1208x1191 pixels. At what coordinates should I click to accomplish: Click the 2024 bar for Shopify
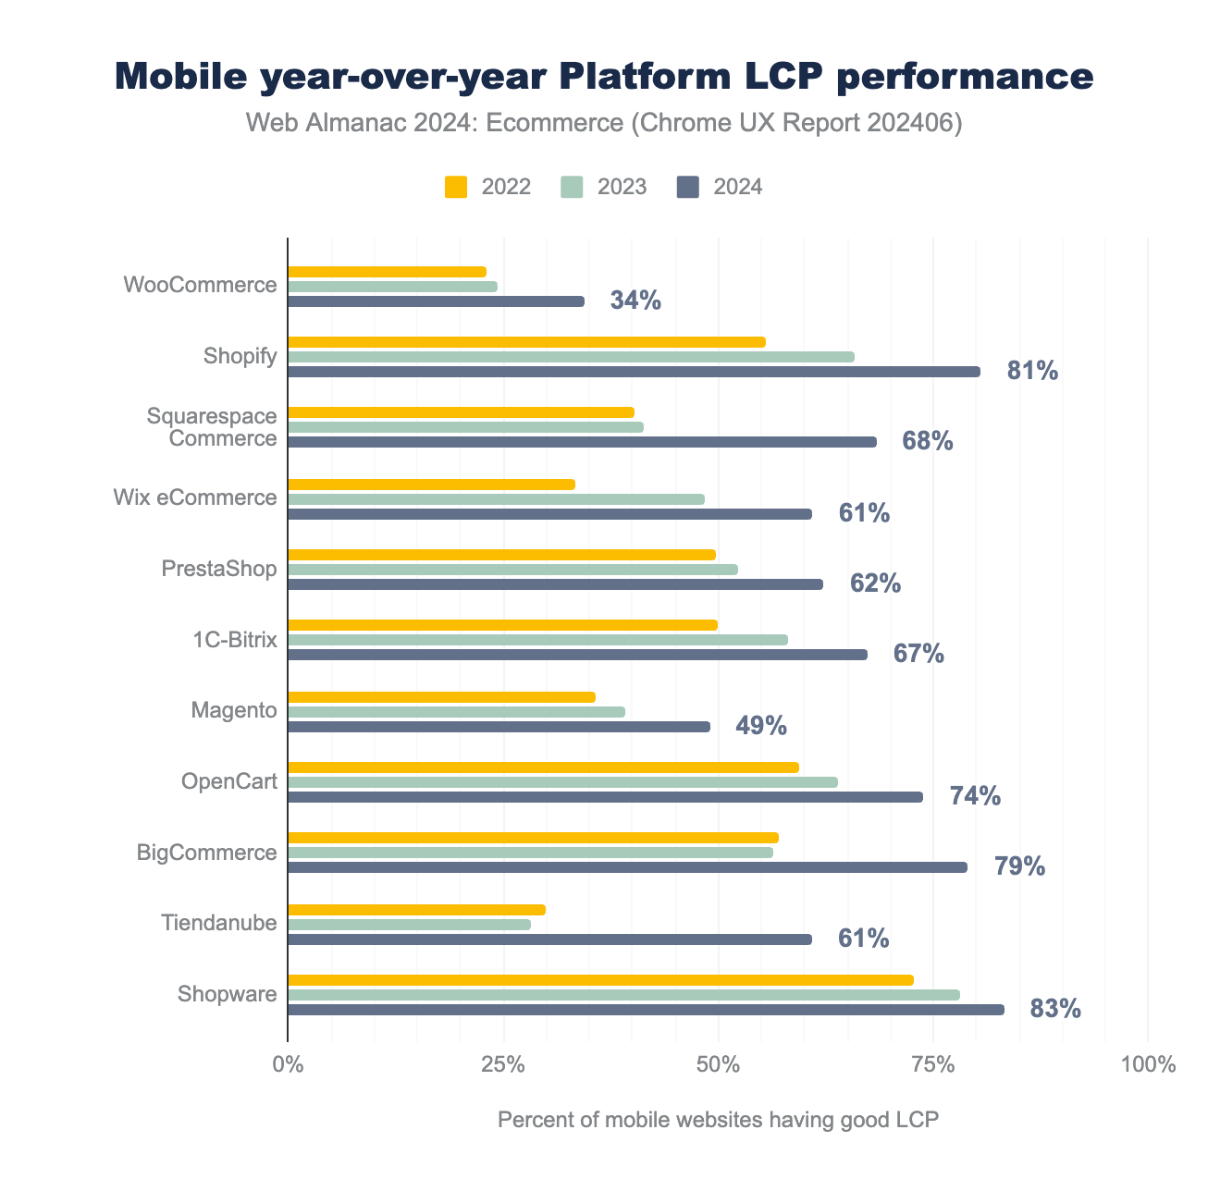point(634,372)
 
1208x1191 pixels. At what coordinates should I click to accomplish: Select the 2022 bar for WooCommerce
point(387,272)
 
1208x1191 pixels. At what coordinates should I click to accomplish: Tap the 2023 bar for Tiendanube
point(409,925)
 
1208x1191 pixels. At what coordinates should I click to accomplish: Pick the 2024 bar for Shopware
point(646,1010)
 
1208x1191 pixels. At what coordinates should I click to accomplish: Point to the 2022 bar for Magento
point(441,697)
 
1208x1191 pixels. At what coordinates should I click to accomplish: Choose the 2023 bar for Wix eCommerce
point(496,499)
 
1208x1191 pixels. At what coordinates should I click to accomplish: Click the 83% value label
point(1055,1009)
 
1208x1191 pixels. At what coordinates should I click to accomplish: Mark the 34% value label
point(635,301)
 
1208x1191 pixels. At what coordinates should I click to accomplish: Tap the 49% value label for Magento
point(761,726)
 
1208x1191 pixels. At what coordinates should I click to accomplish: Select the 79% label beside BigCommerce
point(1019,866)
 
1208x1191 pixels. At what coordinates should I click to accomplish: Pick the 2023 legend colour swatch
point(573,187)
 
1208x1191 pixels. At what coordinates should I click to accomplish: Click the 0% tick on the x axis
point(288,1064)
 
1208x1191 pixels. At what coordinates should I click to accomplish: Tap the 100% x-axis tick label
point(1147,1064)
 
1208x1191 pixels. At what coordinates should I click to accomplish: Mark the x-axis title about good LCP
point(718,1121)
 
